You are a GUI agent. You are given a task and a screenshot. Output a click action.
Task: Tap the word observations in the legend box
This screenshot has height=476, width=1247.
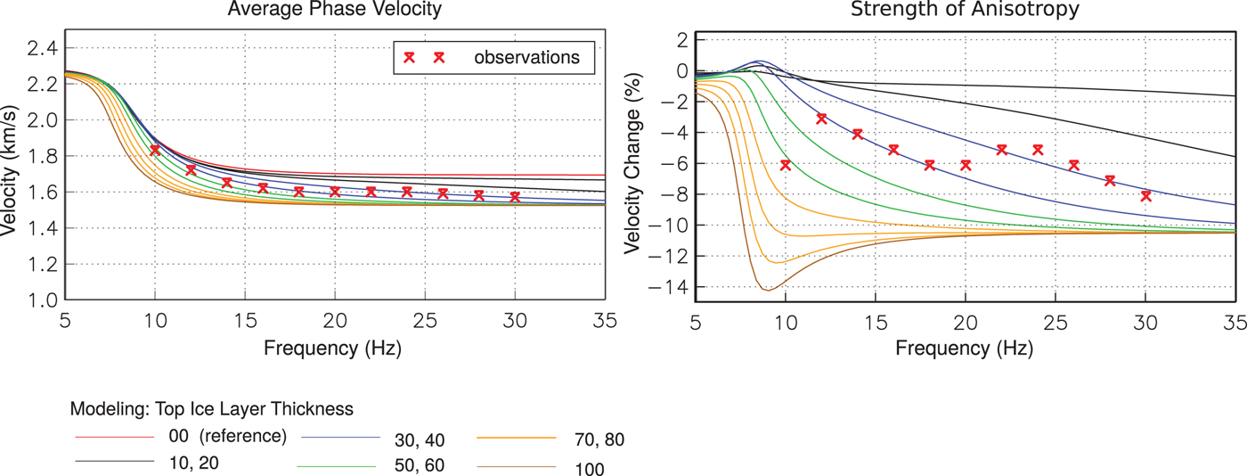pyautogui.click(x=526, y=58)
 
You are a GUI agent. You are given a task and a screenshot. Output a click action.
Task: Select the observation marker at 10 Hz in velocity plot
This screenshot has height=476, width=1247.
pyautogui.click(x=155, y=151)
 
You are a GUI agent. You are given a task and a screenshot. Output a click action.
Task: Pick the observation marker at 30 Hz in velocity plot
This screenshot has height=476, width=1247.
pyautogui.click(x=515, y=197)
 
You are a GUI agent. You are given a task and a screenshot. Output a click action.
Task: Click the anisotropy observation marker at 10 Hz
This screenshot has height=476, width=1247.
pyautogui.click(x=785, y=165)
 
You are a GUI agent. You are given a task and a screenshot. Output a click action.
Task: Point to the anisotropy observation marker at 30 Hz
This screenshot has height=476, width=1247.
pyautogui.click(x=1145, y=196)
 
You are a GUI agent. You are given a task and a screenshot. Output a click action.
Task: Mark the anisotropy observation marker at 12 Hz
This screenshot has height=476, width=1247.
pyautogui.click(x=821, y=119)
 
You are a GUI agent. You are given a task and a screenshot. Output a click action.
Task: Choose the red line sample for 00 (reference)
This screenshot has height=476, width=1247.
pyautogui.click(x=113, y=437)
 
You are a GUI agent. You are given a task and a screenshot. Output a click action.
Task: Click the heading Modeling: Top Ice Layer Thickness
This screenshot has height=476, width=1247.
pyautogui.click(x=212, y=409)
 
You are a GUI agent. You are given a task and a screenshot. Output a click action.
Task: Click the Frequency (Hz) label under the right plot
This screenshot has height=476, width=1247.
pyautogui.click(x=966, y=346)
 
